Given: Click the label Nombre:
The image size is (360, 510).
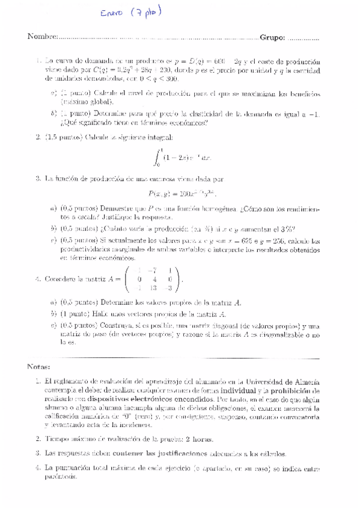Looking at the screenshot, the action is click(x=41, y=37).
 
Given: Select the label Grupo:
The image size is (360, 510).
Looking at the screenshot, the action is click(x=272, y=37).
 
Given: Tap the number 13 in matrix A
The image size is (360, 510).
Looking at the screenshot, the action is click(x=156, y=287).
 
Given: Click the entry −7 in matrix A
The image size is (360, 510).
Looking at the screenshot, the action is click(x=156, y=270).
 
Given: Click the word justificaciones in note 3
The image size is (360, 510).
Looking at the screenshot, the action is click(x=180, y=453).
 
